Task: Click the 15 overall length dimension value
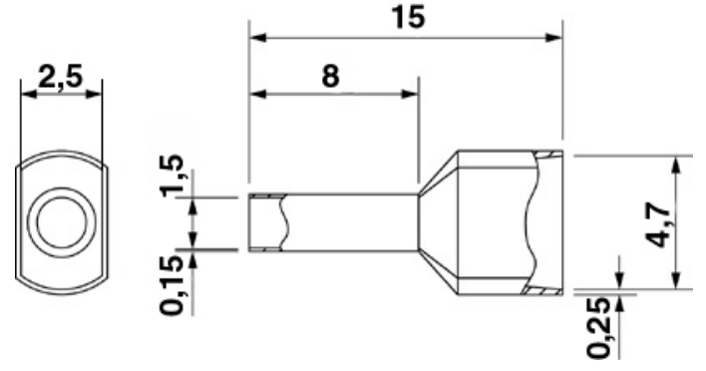pyautogui.click(x=408, y=17)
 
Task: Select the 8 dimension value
pyautogui.click(x=330, y=76)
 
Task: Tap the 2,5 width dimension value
pyautogui.click(x=61, y=77)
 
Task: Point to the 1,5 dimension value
pyautogui.click(x=173, y=176)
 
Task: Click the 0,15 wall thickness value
pyautogui.click(x=173, y=286)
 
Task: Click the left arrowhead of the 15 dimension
pyautogui.click(x=258, y=37)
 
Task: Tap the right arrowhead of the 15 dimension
pyautogui.click(x=553, y=37)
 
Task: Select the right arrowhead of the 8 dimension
pyautogui.click(x=410, y=94)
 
